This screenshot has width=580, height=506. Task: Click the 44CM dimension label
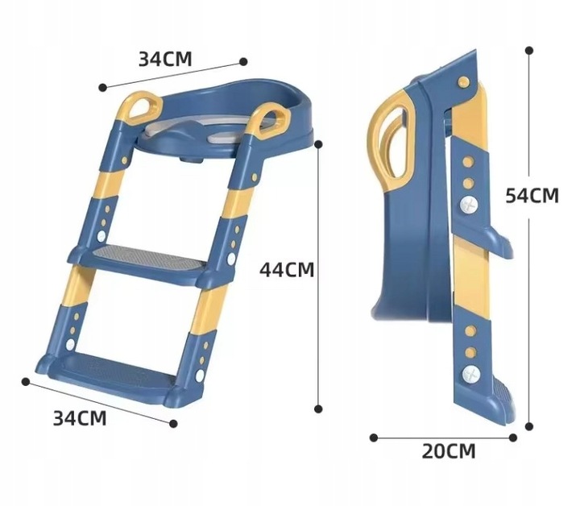point(287,269)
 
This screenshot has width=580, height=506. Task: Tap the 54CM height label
point(532,195)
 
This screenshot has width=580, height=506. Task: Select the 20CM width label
point(449,451)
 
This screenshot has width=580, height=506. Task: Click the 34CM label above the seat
point(165,59)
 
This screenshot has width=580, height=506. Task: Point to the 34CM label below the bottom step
point(80,418)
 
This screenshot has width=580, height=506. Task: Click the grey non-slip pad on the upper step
point(148,256)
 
